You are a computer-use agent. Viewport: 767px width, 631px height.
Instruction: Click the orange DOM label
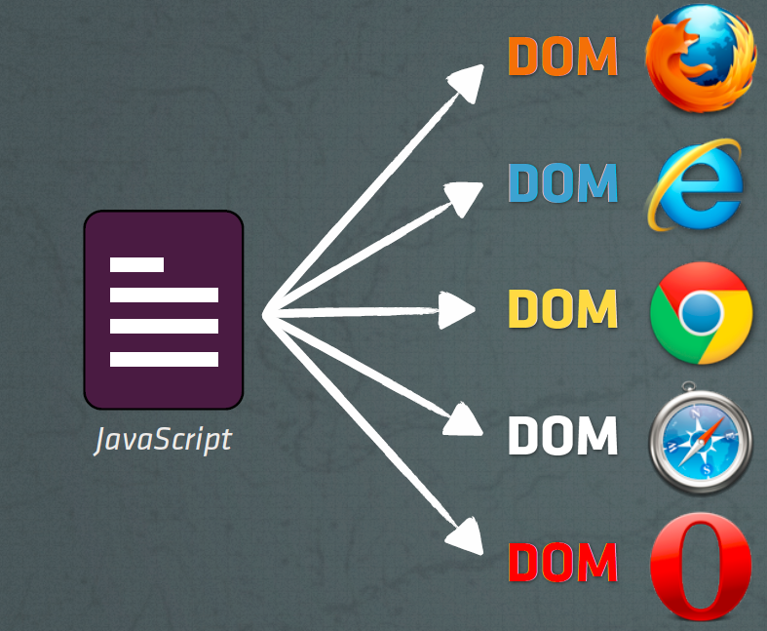pyautogui.click(x=562, y=58)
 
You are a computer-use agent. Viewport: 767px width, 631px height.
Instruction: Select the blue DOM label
pyautogui.click(x=562, y=183)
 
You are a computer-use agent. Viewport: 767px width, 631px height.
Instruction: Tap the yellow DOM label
pyautogui.click(x=562, y=309)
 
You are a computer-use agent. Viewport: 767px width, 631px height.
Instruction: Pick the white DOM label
pyautogui.click(x=562, y=436)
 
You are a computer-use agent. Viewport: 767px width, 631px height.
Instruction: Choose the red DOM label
pyautogui.click(x=562, y=562)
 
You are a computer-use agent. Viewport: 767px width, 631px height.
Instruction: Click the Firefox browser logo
pyautogui.click(x=701, y=59)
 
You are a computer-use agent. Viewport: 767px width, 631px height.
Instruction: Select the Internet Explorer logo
pyautogui.click(x=694, y=184)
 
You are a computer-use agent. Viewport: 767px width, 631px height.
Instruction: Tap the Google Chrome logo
pyautogui.click(x=702, y=312)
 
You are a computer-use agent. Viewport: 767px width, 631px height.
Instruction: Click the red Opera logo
pyautogui.click(x=702, y=564)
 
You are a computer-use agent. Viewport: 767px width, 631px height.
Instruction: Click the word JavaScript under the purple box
pyautogui.click(x=163, y=440)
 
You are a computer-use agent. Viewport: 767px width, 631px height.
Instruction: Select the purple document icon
pyautogui.click(x=163, y=310)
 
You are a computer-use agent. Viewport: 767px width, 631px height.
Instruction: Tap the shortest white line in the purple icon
pyautogui.click(x=136, y=263)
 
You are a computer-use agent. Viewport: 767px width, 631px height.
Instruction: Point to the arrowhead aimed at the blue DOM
pyautogui.click(x=465, y=196)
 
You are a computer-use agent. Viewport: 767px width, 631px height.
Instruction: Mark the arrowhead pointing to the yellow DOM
pyautogui.click(x=457, y=311)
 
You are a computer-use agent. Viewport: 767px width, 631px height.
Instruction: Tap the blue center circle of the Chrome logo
pyautogui.click(x=702, y=312)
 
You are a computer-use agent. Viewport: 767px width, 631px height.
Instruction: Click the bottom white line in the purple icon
pyautogui.click(x=163, y=359)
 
